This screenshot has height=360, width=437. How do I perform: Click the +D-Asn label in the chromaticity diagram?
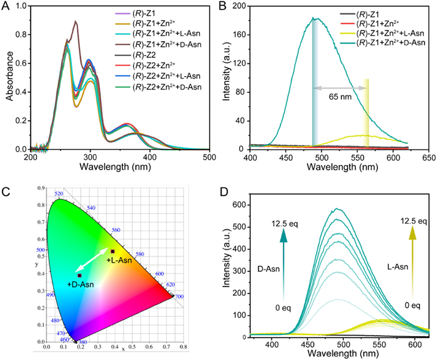(81, 284)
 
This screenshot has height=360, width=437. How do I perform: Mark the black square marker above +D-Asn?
(79, 275)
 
